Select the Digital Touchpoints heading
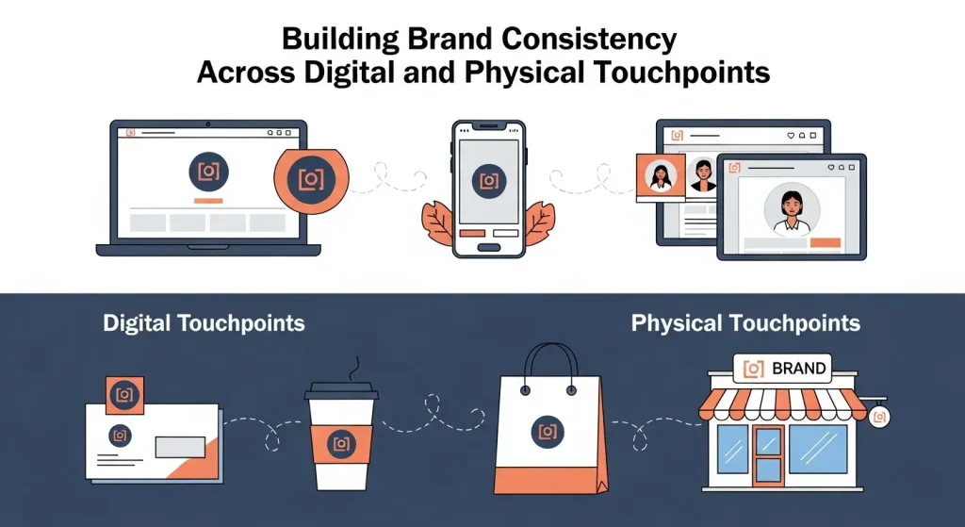point(204,323)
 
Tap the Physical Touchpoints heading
point(745,323)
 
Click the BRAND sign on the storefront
point(784,368)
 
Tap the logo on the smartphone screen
point(488,180)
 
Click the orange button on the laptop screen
point(207,201)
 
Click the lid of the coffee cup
point(341,392)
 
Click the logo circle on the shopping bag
point(546,431)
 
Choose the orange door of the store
point(768,455)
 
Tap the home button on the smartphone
point(487,247)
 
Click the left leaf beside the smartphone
point(439,223)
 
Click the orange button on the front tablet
point(825,243)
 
